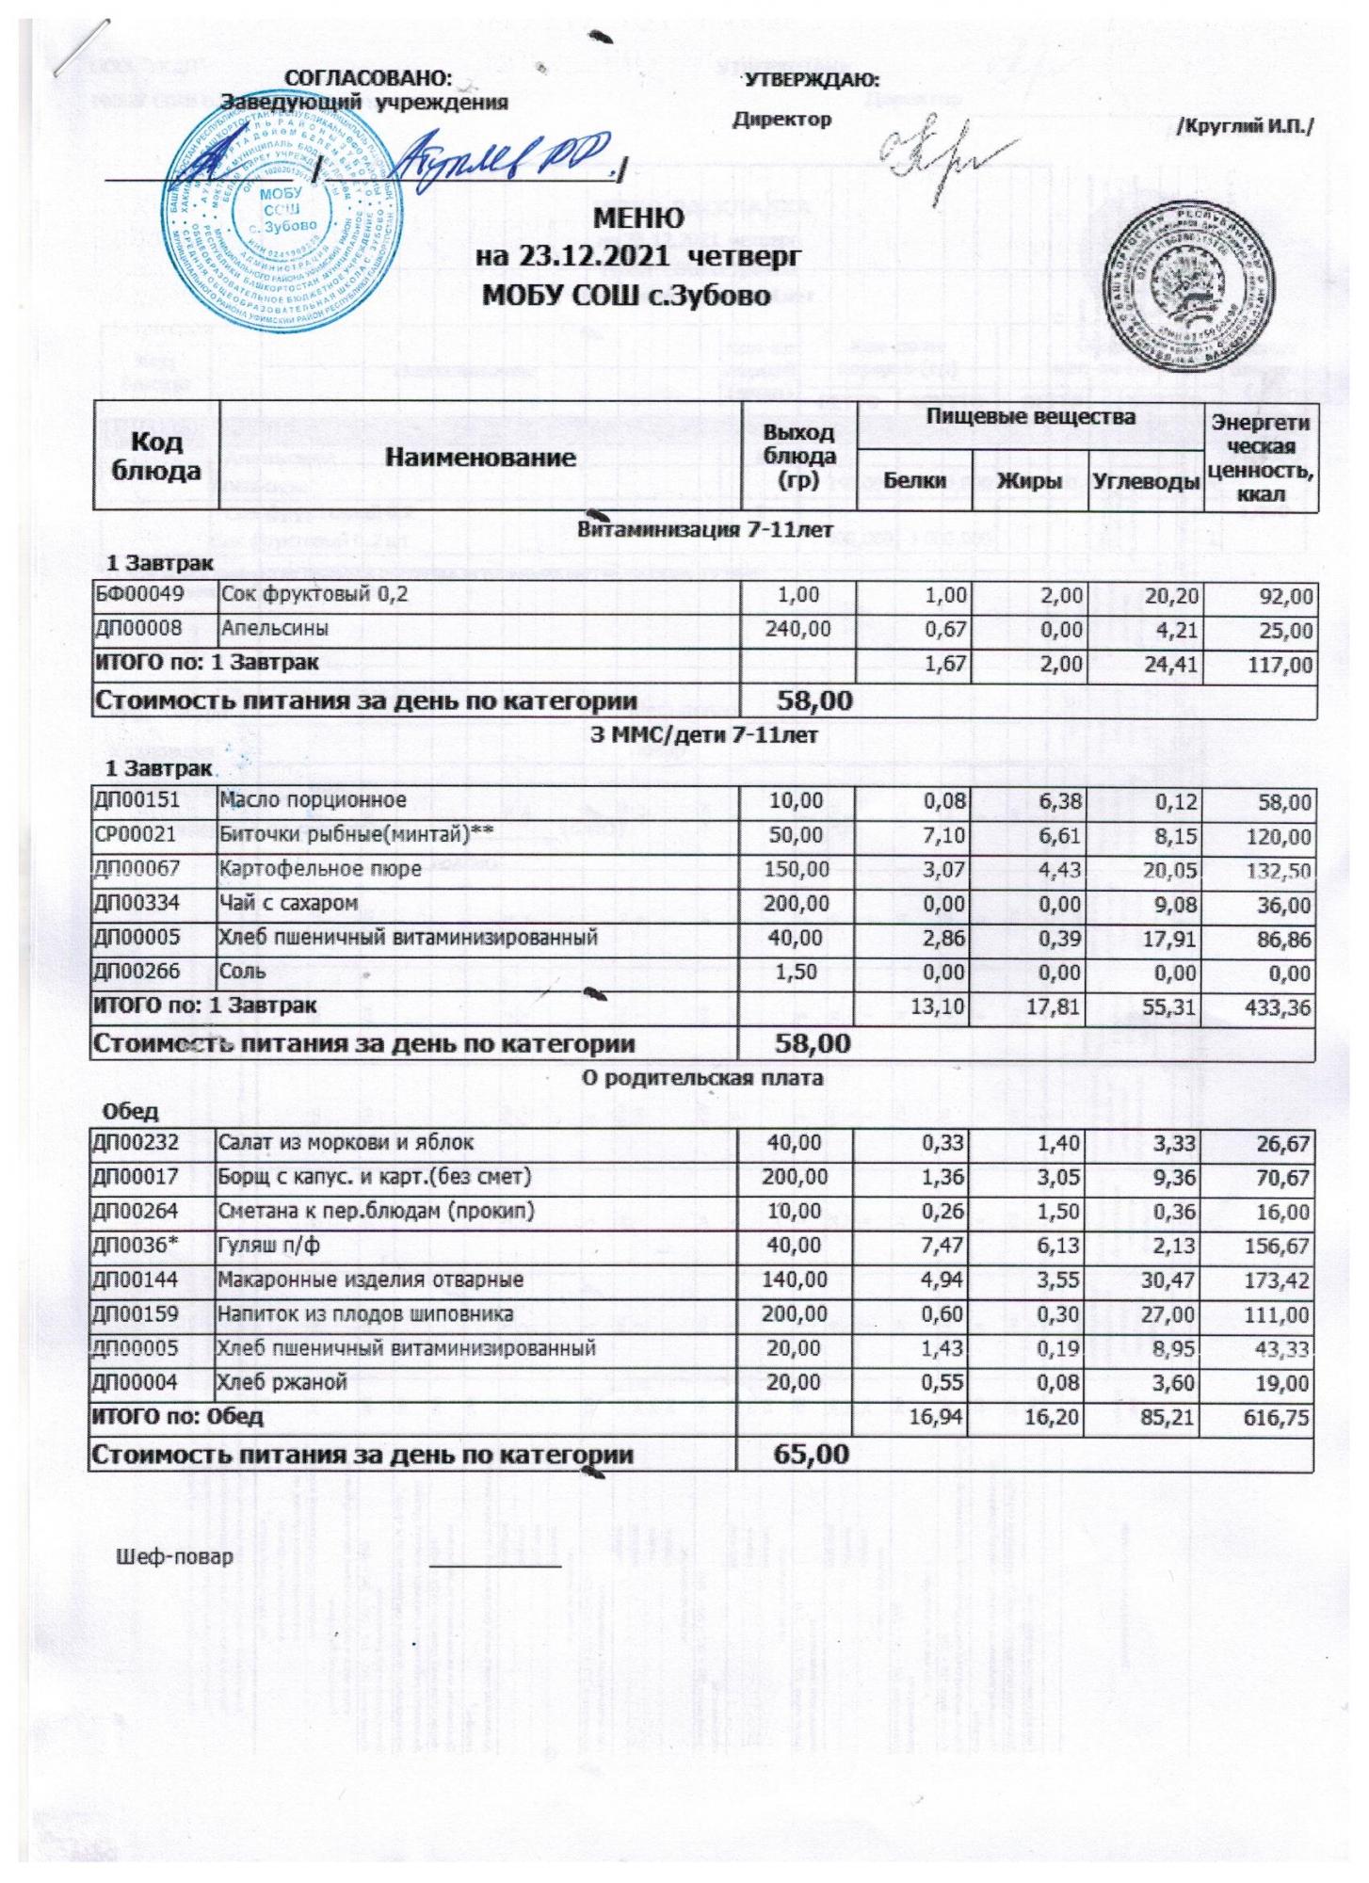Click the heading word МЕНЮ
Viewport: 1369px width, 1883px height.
[639, 218]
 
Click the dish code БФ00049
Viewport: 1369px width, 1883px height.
[138, 595]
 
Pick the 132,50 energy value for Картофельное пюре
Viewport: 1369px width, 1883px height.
[1276, 871]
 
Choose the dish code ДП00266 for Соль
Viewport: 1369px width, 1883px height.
[138, 972]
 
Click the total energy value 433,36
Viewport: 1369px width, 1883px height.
[1276, 1007]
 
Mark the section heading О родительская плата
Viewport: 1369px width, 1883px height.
[701, 1078]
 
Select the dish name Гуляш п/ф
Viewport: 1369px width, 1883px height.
[269, 1246]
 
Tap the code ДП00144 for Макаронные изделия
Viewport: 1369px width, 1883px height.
[136, 1280]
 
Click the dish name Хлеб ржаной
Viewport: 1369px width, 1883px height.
[282, 1383]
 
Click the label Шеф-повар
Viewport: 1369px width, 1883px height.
[174, 1557]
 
